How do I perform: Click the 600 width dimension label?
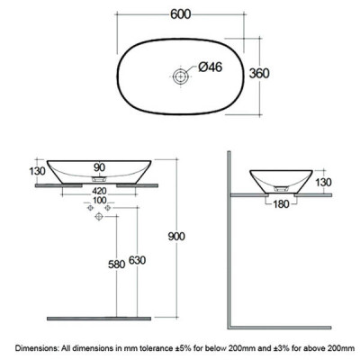pyautogui.click(x=181, y=14)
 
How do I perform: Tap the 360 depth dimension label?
pyautogui.click(x=259, y=74)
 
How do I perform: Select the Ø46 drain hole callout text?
pyautogui.click(x=211, y=67)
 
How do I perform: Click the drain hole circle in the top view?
pyautogui.click(x=181, y=76)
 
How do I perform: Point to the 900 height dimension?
pyautogui.click(x=176, y=237)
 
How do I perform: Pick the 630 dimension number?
pyautogui.click(x=137, y=260)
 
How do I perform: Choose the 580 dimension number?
pyautogui.click(x=116, y=265)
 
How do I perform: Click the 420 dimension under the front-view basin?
pyautogui.click(x=99, y=191)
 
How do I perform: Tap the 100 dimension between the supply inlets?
pyautogui.click(x=99, y=200)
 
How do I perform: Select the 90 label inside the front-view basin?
pyautogui.click(x=99, y=167)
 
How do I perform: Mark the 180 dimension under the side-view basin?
pyautogui.click(x=281, y=204)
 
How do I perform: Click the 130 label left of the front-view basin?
pyautogui.click(x=37, y=171)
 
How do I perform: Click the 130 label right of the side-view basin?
pyautogui.click(x=323, y=182)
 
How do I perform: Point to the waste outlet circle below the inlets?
pyautogui.click(x=99, y=216)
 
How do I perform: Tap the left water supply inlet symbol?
pyautogui.click(x=90, y=208)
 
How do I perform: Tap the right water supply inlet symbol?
pyautogui.click(x=108, y=208)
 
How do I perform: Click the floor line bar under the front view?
pyautogui.click(x=99, y=319)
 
